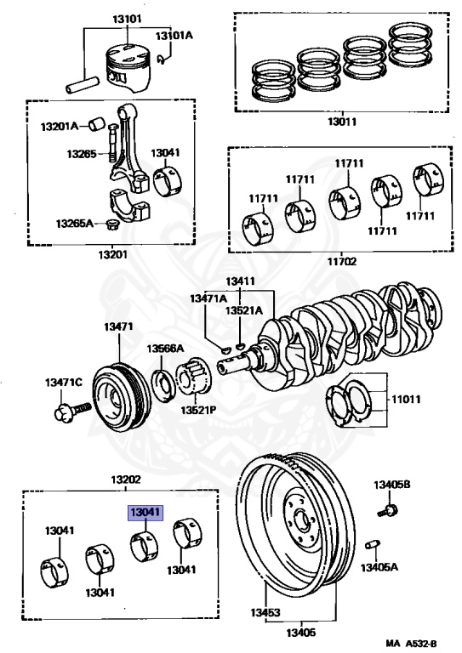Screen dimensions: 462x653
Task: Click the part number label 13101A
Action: (174, 36)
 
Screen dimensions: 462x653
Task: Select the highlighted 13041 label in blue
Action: (145, 513)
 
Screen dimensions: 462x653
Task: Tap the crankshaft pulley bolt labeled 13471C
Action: (72, 410)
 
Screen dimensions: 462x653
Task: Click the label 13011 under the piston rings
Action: (342, 122)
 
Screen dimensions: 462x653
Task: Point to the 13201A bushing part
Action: (97, 124)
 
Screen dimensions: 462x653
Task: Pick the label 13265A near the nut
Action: (75, 224)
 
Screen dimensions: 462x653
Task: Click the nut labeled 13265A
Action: (113, 225)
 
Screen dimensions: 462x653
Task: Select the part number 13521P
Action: (198, 410)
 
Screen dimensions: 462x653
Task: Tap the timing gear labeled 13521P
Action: (194, 378)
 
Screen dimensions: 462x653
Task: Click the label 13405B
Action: (391, 485)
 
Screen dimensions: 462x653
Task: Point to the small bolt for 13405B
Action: (387, 510)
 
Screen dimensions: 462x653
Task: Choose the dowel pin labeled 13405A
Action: (373, 545)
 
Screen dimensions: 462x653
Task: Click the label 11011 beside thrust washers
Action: (405, 399)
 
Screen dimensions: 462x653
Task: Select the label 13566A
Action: (165, 349)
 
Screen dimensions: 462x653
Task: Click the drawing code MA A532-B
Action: (411, 643)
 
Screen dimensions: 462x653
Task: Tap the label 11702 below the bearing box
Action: (341, 262)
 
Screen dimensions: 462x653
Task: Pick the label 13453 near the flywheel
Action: (265, 612)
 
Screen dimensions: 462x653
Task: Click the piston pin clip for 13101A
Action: (163, 60)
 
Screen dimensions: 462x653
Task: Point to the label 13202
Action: (126, 480)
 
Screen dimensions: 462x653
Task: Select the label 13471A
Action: (208, 298)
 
